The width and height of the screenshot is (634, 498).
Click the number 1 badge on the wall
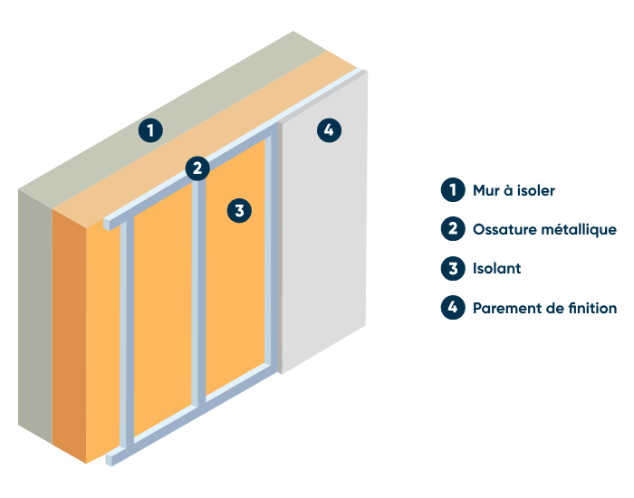click(151, 129)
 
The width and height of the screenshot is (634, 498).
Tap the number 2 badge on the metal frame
click(197, 168)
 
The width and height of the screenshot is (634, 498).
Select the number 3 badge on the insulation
click(238, 211)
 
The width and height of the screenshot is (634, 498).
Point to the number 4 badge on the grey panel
click(329, 130)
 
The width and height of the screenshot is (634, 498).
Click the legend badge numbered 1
click(451, 190)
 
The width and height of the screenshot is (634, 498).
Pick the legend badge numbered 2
click(451, 229)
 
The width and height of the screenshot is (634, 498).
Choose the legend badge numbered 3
click(451, 268)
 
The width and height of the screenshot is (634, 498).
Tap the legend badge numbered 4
click(451, 308)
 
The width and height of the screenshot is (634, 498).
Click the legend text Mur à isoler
click(514, 190)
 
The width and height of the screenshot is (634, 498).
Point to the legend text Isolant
click(496, 269)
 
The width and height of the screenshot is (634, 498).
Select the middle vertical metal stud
click(198, 290)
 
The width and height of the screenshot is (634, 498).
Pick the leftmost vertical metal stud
click(128, 335)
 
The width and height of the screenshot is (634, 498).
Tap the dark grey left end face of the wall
click(35, 317)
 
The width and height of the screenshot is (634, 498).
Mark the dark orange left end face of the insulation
click(70, 335)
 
